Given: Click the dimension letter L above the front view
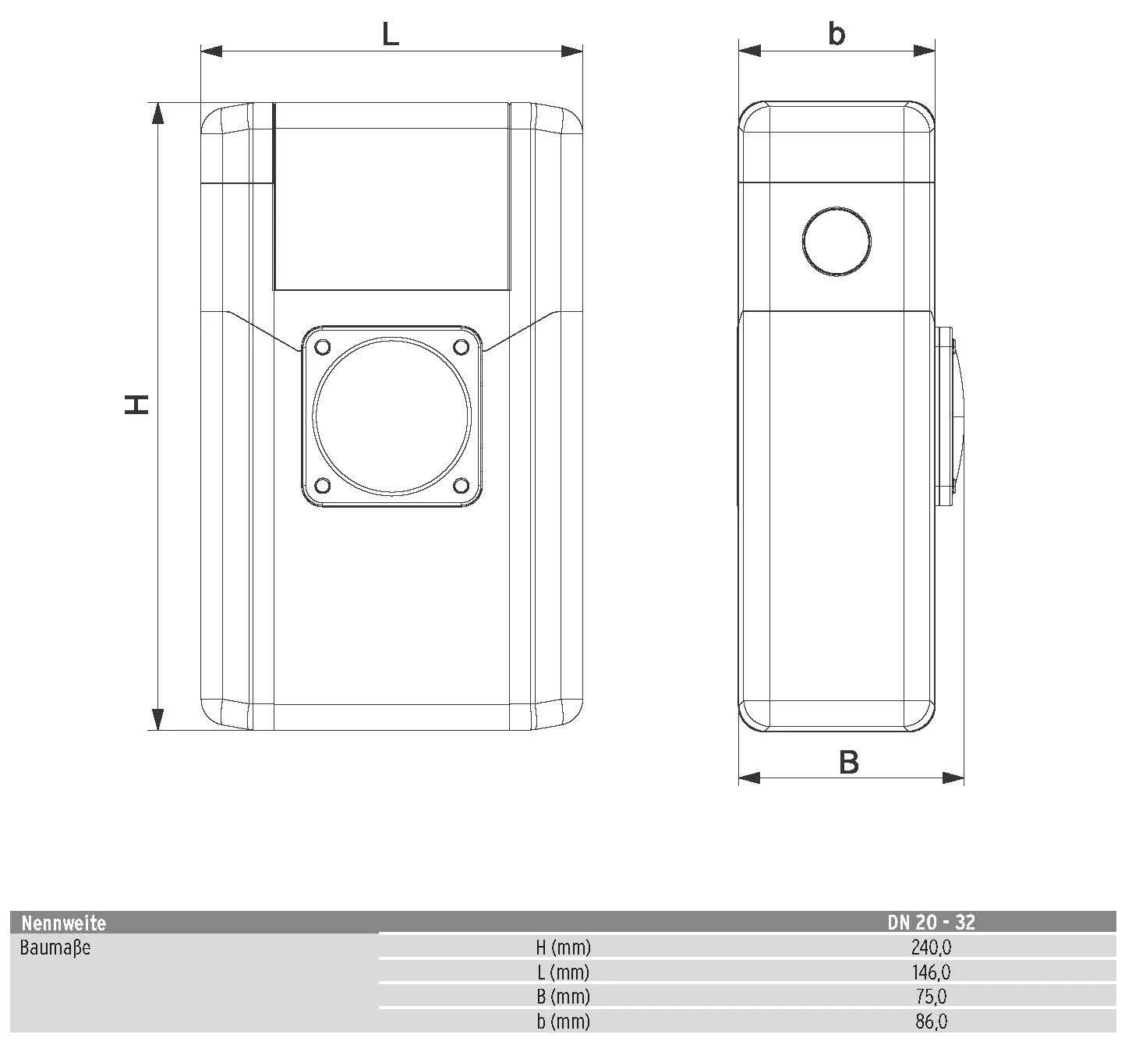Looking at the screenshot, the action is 391,35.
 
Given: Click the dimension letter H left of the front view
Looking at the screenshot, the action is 136,404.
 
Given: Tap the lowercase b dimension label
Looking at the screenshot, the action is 837,34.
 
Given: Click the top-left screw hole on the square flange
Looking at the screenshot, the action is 323,347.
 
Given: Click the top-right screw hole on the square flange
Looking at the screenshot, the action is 461,347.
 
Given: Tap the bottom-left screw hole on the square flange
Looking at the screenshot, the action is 323,485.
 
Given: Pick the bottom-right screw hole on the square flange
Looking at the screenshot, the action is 461,485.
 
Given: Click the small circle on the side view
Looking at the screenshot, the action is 837,242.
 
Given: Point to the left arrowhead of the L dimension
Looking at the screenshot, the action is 211,51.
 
